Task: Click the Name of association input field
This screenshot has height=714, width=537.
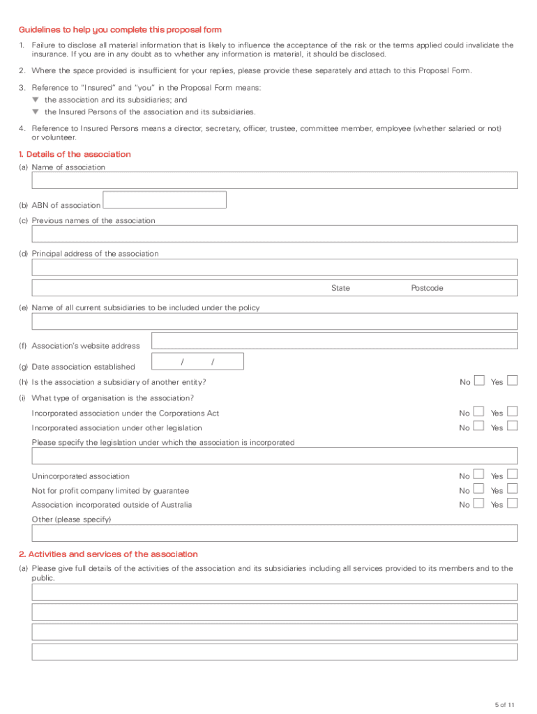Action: coord(275,181)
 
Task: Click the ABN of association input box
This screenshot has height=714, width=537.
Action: coord(165,200)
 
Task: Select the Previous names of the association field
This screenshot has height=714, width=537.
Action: coord(275,234)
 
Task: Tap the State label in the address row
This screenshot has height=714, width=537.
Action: coord(340,288)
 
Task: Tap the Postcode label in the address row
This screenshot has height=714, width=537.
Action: coord(427,288)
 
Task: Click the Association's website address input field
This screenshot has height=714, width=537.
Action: coord(334,340)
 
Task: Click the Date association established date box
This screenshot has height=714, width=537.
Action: coord(197,361)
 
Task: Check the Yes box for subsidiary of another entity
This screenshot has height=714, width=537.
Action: coord(513,381)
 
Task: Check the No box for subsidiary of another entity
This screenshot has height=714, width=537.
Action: coord(479,381)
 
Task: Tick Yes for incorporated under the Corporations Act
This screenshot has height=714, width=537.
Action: coord(513,412)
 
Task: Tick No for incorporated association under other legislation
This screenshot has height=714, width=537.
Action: coord(479,426)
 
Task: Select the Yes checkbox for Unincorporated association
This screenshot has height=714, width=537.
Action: coord(513,475)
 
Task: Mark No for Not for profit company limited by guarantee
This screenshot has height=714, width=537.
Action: coord(479,489)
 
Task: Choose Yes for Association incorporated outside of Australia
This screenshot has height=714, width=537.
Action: coord(513,503)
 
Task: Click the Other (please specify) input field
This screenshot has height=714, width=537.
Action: coord(275,533)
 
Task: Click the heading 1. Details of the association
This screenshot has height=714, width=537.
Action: coord(75,154)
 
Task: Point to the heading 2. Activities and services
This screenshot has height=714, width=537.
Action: coord(108,554)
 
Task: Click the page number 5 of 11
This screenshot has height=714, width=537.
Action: coord(504,704)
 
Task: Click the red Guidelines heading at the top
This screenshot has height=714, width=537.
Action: coord(120,29)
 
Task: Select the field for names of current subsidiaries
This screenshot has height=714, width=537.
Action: coord(275,321)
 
